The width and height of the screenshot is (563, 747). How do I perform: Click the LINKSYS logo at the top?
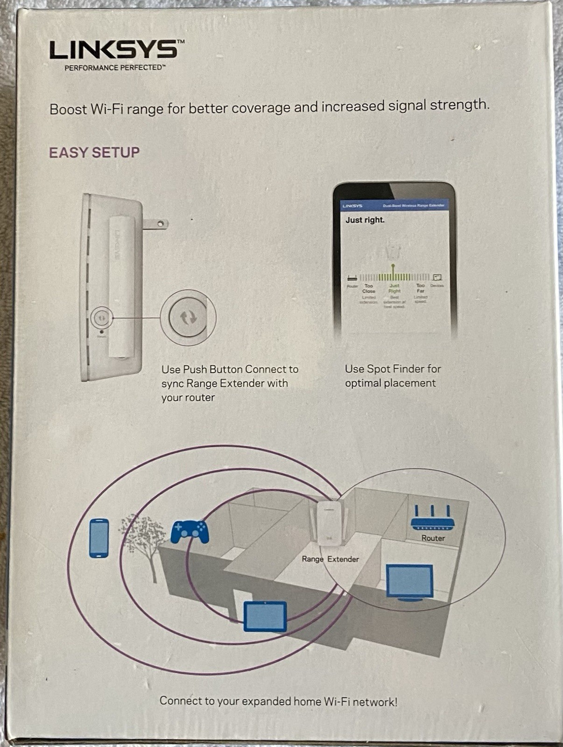114,49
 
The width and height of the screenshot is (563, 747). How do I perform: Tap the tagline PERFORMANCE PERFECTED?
115,68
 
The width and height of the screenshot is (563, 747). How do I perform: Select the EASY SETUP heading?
94,153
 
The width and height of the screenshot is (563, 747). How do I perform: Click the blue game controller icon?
190,532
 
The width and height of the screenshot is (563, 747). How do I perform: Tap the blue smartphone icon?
99,538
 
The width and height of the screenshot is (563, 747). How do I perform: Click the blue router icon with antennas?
432,518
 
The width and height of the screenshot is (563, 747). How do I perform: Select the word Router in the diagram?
433,538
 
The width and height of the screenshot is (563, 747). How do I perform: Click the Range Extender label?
330,559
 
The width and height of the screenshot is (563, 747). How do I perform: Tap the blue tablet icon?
265,616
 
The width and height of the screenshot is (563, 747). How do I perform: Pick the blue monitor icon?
409,582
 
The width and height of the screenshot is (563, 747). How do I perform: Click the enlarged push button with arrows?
188,317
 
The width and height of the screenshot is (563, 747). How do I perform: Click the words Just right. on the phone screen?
365,220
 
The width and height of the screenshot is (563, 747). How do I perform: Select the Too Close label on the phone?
369,289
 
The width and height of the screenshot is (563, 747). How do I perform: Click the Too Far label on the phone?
420,288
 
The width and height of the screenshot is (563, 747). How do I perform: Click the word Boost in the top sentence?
68,110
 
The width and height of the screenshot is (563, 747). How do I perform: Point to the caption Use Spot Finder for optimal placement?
393,376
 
